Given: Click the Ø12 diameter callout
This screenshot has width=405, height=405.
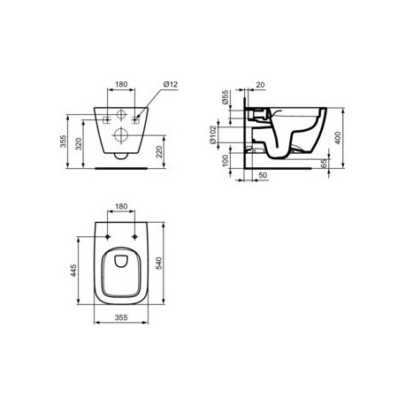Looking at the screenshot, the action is pos(171,85).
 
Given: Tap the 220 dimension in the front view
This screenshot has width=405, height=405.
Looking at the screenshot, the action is pos(159,152).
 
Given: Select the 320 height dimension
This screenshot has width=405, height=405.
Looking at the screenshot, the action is pos(79,144).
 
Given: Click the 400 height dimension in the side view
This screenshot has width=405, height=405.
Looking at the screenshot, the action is pos(338,138).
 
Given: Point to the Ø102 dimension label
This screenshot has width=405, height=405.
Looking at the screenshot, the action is pos(213,134).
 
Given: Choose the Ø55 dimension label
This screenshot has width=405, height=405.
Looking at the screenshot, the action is pos(225,97).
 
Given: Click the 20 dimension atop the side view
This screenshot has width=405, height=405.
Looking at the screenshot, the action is pos(260,85).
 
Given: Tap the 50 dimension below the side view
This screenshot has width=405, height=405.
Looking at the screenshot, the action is pos(263,175).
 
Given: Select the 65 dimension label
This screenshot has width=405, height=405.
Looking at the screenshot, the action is pos(324,164).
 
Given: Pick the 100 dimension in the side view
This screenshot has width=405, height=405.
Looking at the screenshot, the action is pos(225,161).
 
